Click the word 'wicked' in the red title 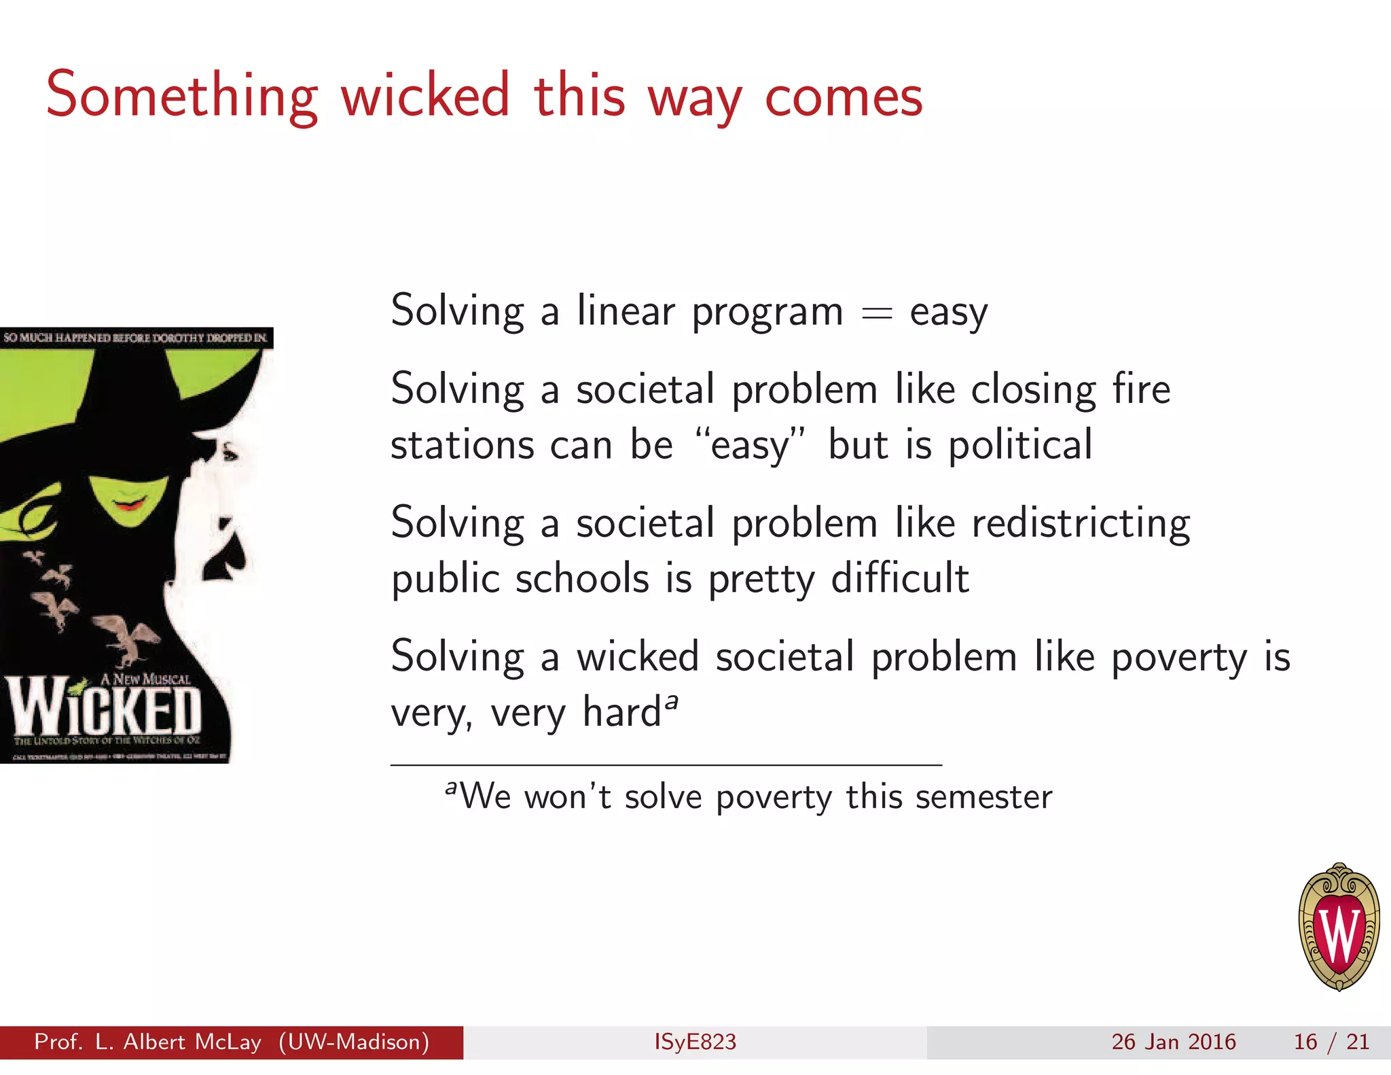coord(425,96)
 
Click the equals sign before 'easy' coord(876,313)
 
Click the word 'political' coord(1020,446)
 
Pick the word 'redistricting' coord(1081,524)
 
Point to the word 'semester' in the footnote coord(983,797)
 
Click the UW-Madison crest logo coord(1339,927)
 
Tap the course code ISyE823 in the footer coord(695,1042)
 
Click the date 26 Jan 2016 coord(1173,1042)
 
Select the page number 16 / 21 coord(1331,1042)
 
